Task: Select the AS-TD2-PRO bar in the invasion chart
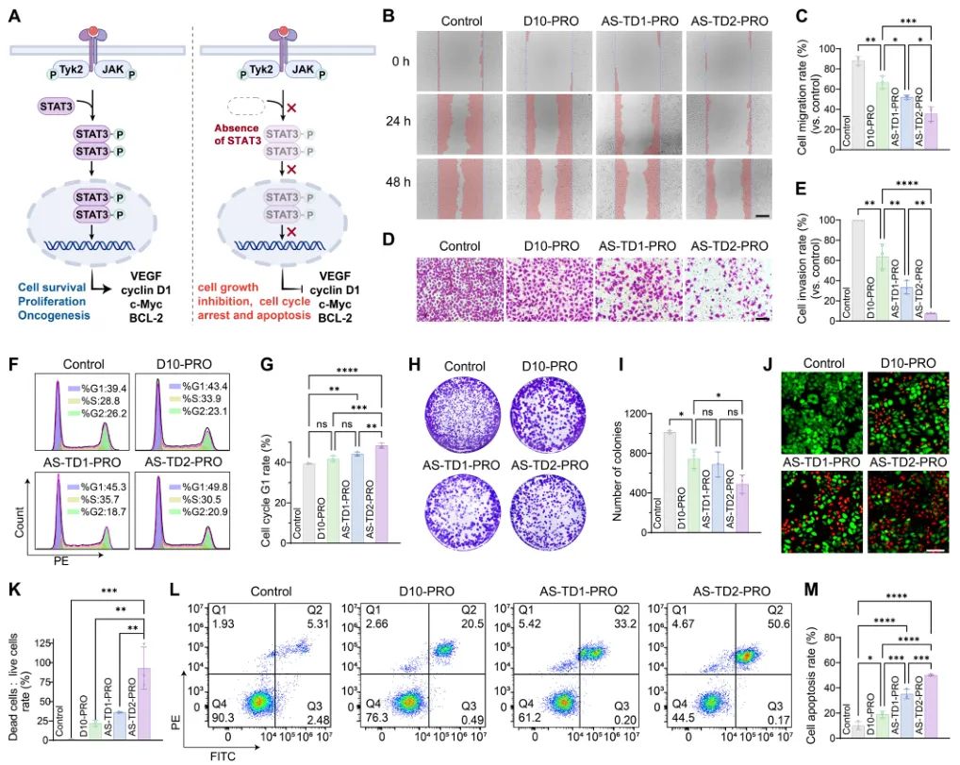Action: point(931,317)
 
